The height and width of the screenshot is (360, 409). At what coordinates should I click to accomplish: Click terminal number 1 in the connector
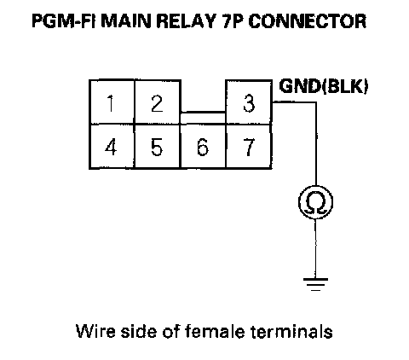pos(112,102)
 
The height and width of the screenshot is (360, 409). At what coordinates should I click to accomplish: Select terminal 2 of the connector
pos(158,102)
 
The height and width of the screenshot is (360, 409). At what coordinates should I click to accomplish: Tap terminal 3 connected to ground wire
pos(249,102)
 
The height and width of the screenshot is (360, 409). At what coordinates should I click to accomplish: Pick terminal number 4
pos(112,147)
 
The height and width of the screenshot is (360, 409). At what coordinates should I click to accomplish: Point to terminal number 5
pos(158,147)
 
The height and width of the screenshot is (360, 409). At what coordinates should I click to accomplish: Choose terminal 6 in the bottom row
pos(203,147)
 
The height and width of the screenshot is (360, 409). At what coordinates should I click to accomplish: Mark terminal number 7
pos(249,147)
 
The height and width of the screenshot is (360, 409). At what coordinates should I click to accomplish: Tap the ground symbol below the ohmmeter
pos(315,284)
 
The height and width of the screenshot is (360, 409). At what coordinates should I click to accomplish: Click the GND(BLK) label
pos(323,86)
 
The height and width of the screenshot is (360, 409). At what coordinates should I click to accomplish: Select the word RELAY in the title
pos(186,21)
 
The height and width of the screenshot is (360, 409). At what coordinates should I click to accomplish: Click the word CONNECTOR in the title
pos(308,21)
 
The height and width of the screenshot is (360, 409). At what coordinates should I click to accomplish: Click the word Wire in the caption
pos(95,331)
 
